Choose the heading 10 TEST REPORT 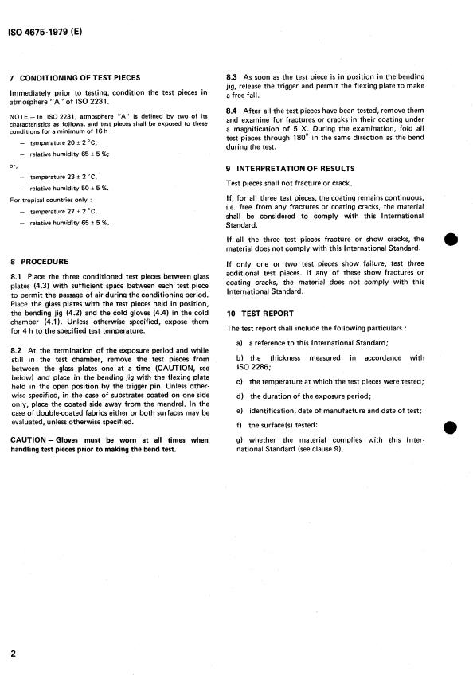260,314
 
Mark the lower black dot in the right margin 451,428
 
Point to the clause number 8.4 233,109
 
